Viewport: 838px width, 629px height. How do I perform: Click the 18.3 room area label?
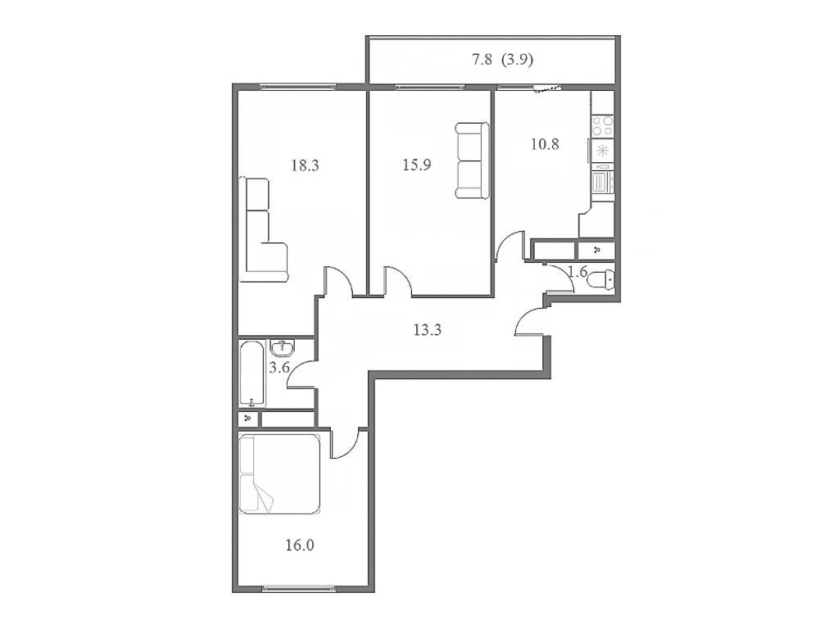[304, 165]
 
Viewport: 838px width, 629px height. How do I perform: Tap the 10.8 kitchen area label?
[545, 145]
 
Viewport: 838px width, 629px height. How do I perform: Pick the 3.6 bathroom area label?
[279, 368]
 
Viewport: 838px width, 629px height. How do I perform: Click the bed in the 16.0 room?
[279, 473]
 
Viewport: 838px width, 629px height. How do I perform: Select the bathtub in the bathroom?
[252, 374]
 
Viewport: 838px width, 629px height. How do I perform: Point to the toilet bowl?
[605, 279]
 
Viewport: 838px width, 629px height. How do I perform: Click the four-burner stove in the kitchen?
[603, 125]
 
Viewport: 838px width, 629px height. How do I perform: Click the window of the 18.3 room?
[299, 86]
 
